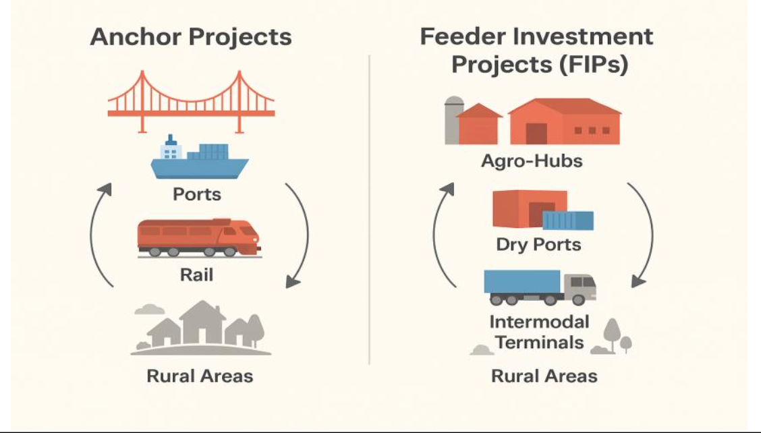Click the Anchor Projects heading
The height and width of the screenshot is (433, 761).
[x=191, y=36]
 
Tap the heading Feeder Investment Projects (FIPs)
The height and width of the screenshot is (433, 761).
[x=536, y=50]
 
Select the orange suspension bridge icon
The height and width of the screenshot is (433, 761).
[x=191, y=102]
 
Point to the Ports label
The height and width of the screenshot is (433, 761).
[x=197, y=194]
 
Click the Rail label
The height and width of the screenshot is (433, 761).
[x=197, y=275]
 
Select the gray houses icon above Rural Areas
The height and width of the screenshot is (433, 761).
[x=201, y=327]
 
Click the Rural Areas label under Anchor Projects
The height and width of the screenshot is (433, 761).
[x=200, y=375]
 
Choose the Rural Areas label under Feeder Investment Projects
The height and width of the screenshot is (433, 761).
[x=544, y=375]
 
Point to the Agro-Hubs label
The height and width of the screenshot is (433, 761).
[x=532, y=162]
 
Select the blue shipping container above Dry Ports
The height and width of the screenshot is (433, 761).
[x=568, y=221]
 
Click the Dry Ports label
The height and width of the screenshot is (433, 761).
[x=538, y=244]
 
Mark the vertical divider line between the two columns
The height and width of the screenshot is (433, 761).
[x=370, y=209]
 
